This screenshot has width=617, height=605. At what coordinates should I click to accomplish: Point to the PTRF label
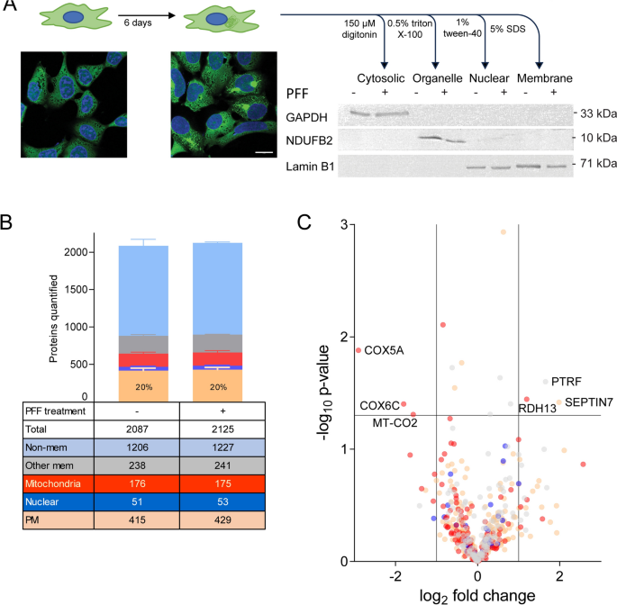pyautogui.click(x=567, y=382)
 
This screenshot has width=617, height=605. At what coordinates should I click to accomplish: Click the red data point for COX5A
pyautogui.click(x=358, y=350)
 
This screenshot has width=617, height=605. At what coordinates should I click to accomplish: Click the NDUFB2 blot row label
pyautogui.click(x=308, y=140)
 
